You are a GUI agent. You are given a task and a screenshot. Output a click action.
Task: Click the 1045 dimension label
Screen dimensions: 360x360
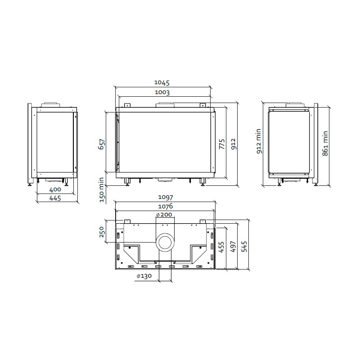(x=162, y=82)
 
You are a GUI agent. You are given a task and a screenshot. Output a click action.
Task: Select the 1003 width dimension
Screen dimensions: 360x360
(x=162, y=92)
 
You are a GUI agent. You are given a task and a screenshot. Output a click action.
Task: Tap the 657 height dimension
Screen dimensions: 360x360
(x=102, y=144)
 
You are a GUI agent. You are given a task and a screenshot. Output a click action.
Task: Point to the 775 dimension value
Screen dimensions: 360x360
(x=222, y=144)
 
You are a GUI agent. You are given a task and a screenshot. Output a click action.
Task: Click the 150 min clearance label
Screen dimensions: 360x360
(x=102, y=189)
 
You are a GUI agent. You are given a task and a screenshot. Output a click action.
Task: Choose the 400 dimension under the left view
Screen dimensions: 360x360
(x=55, y=189)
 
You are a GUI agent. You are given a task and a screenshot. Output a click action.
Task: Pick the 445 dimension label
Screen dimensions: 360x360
(x=55, y=198)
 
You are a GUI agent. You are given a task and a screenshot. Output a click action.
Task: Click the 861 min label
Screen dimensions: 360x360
(x=325, y=144)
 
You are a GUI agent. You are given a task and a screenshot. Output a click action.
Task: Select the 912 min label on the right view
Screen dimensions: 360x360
(x=259, y=141)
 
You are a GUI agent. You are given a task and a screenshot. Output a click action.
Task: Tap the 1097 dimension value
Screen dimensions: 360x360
(x=166, y=197)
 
